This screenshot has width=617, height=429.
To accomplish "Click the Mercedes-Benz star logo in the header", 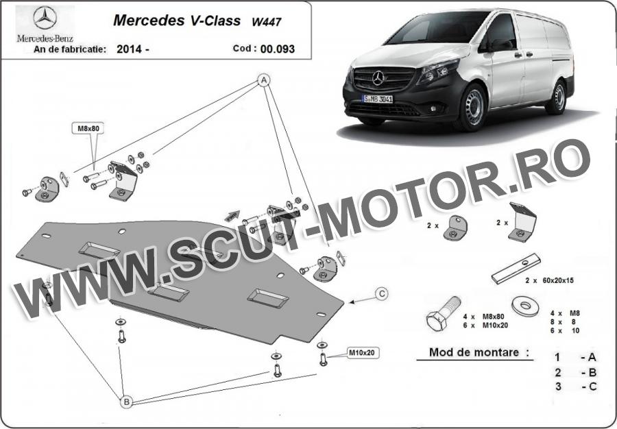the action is point(45,18).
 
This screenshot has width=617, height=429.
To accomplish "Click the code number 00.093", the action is point(278,49).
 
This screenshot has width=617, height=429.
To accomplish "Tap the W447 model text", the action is point(267,22).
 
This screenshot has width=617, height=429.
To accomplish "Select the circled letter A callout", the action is point(264,80).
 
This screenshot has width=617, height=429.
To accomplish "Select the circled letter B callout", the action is point(126,402).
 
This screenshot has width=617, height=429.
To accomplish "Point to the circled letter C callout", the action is point(381,293).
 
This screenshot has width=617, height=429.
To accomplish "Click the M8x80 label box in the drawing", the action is point(88,127).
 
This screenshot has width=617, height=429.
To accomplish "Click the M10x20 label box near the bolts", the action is point(362,353).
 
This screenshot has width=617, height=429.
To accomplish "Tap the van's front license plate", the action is point(378,99).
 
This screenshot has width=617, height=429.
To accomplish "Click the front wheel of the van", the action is point(473,106).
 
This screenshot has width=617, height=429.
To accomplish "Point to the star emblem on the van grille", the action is point(378,78).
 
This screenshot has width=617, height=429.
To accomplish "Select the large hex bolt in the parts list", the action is point(444,313).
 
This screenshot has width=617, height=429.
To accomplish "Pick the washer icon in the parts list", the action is point(526,306).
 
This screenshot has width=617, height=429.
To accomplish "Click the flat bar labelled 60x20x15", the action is point(516,268).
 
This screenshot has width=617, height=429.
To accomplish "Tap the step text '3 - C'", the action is point(576,387).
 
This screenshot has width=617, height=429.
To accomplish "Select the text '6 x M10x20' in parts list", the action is point(485,326).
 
